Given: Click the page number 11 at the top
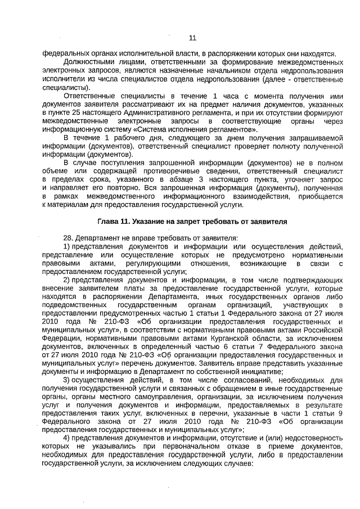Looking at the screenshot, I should [192, 38].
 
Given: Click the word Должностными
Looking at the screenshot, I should [89, 61].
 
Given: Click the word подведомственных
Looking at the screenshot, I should [72, 304].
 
